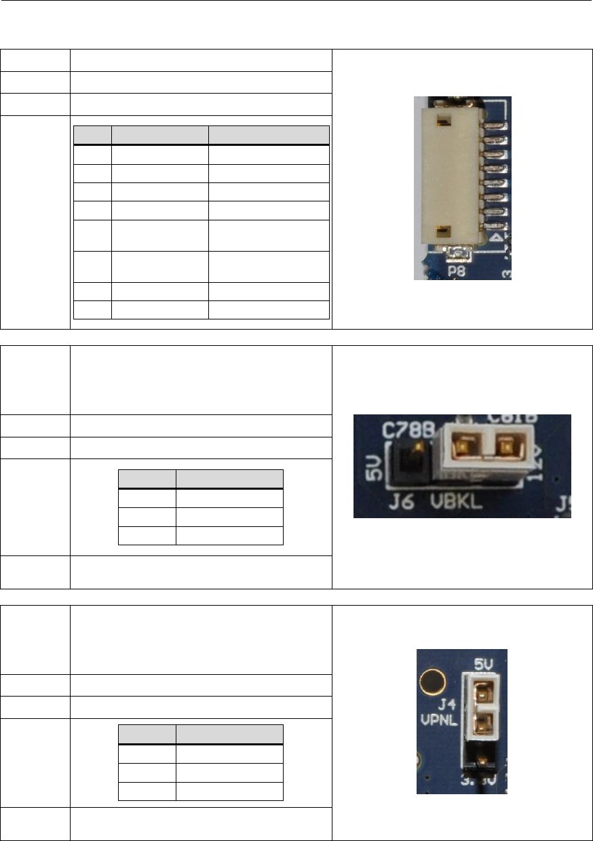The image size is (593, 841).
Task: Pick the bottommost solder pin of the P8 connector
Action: click(494, 227)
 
